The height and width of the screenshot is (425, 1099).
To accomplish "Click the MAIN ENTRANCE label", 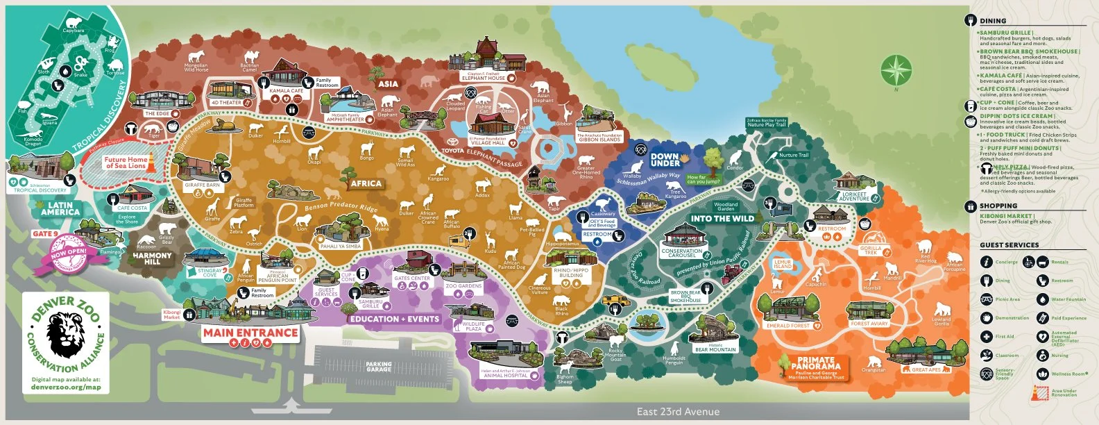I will (x=250, y=333).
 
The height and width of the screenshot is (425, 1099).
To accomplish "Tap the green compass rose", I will (x=896, y=71).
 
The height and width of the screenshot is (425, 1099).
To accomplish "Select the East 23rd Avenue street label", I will (x=678, y=412).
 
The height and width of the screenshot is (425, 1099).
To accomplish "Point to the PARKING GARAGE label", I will (x=379, y=367).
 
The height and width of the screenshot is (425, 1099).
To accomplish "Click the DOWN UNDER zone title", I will (x=665, y=160).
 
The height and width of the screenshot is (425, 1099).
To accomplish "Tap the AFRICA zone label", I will (x=366, y=183).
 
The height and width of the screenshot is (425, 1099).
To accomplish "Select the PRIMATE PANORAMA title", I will (x=815, y=363).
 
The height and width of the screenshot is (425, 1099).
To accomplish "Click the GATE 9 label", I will (x=45, y=234).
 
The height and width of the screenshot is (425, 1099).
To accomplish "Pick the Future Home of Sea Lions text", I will (x=126, y=162).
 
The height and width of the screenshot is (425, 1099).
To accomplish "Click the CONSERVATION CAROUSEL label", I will (x=682, y=253).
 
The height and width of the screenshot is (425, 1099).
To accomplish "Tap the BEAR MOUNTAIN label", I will (x=715, y=349).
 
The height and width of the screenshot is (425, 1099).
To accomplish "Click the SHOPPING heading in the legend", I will (x=998, y=206).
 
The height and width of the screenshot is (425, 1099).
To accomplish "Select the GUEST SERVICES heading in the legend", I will (x=1009, y=245).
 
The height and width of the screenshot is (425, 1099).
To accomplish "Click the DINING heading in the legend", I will (x=993, y=21).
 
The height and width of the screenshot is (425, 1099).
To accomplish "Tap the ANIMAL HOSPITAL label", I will (x=505, y=376).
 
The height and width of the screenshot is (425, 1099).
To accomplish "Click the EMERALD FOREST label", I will (x=787, y=325).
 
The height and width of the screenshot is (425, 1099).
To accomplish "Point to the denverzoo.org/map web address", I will (x=66, y=387).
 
